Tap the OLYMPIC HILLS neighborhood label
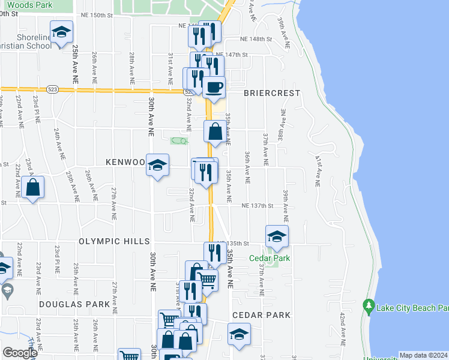(114, 241)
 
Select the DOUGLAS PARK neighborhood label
(75, 304)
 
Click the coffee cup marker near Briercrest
(214, 88)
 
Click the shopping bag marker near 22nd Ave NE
(34, 188)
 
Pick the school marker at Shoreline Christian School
(61, 32)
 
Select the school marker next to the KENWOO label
(157, 165)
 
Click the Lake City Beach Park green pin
(369, 308)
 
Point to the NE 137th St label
(258, 205)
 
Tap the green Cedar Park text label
(265, 258)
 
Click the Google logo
(20, 353)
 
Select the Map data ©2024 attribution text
(423, 355)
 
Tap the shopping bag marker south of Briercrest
(215, 132)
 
